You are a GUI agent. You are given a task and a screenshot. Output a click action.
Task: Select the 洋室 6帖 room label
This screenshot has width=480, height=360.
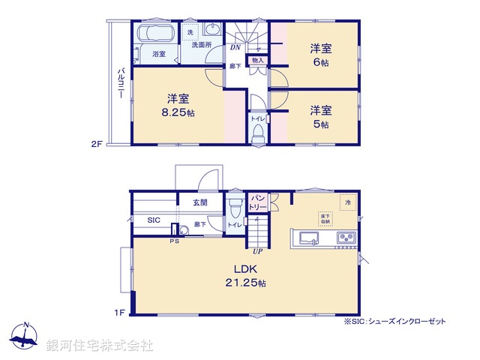point(321,54)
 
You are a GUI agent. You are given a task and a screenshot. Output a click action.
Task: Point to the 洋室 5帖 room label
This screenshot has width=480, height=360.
point(321,115)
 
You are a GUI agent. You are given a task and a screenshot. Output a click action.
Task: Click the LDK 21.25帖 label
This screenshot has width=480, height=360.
point(244,275)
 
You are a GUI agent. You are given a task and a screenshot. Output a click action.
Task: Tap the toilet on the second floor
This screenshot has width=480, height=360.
point(257,133)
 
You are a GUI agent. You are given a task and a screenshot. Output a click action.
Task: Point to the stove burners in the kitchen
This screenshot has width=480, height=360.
point(346,238)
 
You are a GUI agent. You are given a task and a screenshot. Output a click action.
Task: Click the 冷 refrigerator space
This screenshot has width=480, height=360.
point(347,202)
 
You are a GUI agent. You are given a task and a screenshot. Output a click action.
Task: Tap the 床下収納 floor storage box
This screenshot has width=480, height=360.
point(326,218)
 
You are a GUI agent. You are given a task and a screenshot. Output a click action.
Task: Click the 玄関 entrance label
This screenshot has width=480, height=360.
point(200,202)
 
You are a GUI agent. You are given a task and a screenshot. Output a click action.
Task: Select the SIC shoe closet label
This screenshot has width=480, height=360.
point(153,220)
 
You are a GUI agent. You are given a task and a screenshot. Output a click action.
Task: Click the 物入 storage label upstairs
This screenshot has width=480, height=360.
point(257,60)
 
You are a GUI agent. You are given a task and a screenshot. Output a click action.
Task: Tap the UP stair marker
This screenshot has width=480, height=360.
point(257,250)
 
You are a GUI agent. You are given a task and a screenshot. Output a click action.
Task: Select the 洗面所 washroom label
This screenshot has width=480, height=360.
point(201,45)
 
